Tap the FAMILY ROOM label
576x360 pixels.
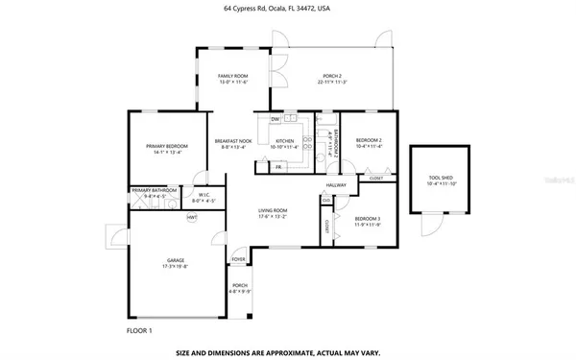coord(232,76)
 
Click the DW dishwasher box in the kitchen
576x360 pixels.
coord(275,119)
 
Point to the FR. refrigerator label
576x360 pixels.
coord(278,167)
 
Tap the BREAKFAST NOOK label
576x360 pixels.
coord(233,141)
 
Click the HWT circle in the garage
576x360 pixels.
coord(192,217)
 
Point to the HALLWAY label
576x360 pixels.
coord(335,185)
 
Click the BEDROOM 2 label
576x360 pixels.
coord(369,141)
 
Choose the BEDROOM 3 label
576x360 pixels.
coord(368,219)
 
